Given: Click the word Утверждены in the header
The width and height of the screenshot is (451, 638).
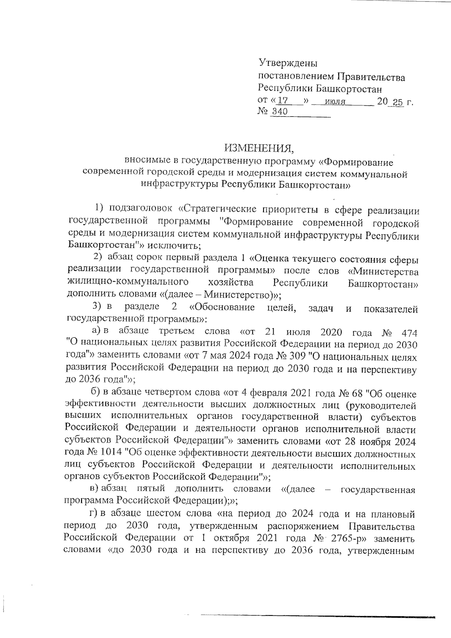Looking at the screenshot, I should click(x=288, y=62).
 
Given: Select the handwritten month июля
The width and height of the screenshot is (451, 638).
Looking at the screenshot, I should click(x=336, y=102).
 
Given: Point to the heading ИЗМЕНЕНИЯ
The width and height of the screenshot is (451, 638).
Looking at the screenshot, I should click(x=259, y=148).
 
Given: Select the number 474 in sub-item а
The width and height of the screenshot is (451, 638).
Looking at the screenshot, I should click(x=409, y=333).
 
